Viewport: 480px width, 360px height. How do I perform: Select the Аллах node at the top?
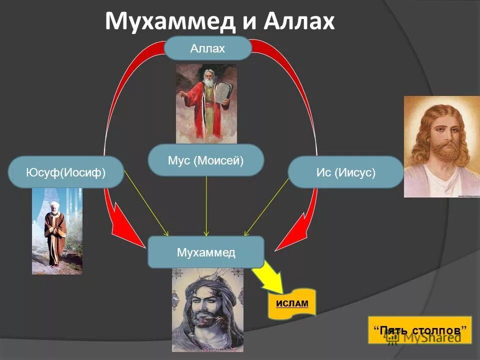pyautogui.click(x=207, y=48)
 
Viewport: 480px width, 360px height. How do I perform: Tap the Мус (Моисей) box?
pyautogui.click(x=206, y=160)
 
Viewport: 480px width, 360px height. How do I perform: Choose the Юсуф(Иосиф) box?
pyautogui.click(x=65, y=172)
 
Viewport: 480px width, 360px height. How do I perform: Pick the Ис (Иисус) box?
pyautogui.click(x=346, y=172)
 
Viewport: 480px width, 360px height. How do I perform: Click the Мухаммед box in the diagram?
pyautogui.click(x=206, y=252)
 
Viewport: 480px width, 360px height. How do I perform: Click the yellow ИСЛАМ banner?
pyautogui.click(x=292, y=303)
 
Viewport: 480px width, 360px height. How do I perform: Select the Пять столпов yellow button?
pyautogui.click(x=420, y=330)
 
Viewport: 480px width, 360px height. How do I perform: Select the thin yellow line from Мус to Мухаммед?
pyautogui.click(x=206, y=205)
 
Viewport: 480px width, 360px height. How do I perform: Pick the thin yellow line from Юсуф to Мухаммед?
pyautogui.click(x=146, y=202)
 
